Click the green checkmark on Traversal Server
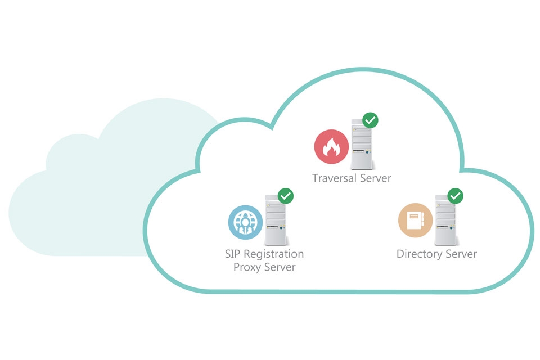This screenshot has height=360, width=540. [x=370, y=120]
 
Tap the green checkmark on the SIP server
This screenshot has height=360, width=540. [x=286, y=196]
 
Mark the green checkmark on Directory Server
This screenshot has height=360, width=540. [x=455, y=196]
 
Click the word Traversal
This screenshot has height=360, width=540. [x=335, y=178]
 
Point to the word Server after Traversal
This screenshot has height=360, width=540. [x=376, y=178]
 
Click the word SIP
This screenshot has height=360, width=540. [x=233, y=254]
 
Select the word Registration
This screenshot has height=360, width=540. [x=274, y=255]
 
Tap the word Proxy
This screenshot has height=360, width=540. [x=247, y=267]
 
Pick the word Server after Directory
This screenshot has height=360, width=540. [x=461, y=254]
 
